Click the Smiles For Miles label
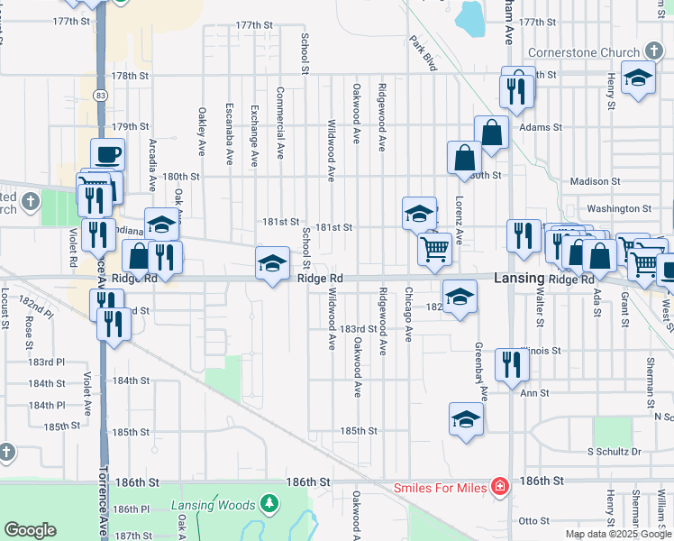[x=440, y=488]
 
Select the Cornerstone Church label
[x=583, y=52]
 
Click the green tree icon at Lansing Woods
[x=268, y=501]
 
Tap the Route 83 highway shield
[x=99, y=95]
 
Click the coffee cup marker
[x=107, y=154]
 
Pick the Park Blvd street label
[x=423, y=53]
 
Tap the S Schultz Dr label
[x=614, y=451]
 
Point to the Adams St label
[x=541, y=128]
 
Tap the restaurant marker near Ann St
[x=509, y=365]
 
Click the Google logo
[x=30, y=530]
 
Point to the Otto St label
[x=533, y=520]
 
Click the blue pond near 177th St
[x=470, y=15]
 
